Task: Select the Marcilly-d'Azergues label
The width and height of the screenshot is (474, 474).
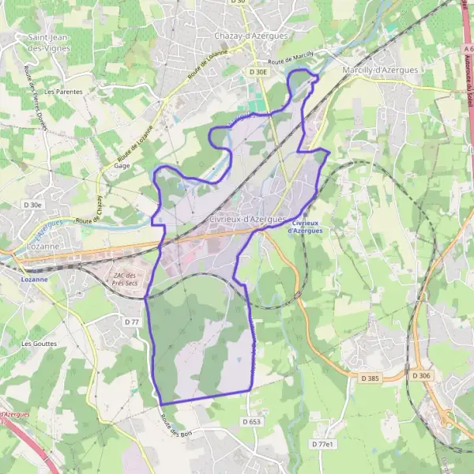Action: (380, 70)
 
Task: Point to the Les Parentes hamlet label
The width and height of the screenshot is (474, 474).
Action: (63, 92)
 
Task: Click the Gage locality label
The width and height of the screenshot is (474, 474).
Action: (122, 166)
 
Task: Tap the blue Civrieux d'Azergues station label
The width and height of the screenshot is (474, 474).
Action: (305, 226)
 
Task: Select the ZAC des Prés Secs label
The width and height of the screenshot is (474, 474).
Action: (121, 277)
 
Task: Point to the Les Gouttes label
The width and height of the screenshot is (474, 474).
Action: (38, 344)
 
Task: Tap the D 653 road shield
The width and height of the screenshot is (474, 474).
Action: (251, 422)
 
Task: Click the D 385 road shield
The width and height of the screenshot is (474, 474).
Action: (369, 378)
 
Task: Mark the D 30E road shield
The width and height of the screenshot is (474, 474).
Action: (258, 72)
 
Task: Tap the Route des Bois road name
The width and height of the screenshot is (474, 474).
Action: (175, 427)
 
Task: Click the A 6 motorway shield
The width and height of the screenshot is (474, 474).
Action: (468, 48)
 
